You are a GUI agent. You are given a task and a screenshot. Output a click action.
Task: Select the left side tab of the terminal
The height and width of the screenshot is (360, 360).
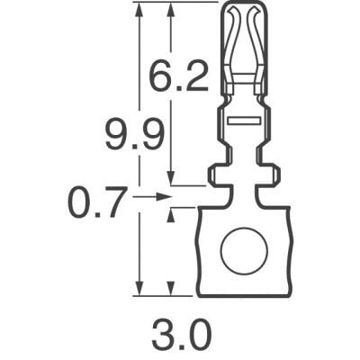216,174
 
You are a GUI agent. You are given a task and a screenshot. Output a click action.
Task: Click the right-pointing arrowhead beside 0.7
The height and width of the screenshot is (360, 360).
164,194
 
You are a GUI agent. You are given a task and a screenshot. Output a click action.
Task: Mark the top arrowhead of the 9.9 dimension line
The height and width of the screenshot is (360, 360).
138,7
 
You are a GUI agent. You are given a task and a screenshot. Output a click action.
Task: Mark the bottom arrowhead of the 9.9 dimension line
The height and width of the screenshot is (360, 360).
138,289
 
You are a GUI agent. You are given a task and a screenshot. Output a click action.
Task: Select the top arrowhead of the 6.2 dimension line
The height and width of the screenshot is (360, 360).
171,7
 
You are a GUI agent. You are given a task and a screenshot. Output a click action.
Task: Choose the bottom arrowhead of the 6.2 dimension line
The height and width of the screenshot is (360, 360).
171,180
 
